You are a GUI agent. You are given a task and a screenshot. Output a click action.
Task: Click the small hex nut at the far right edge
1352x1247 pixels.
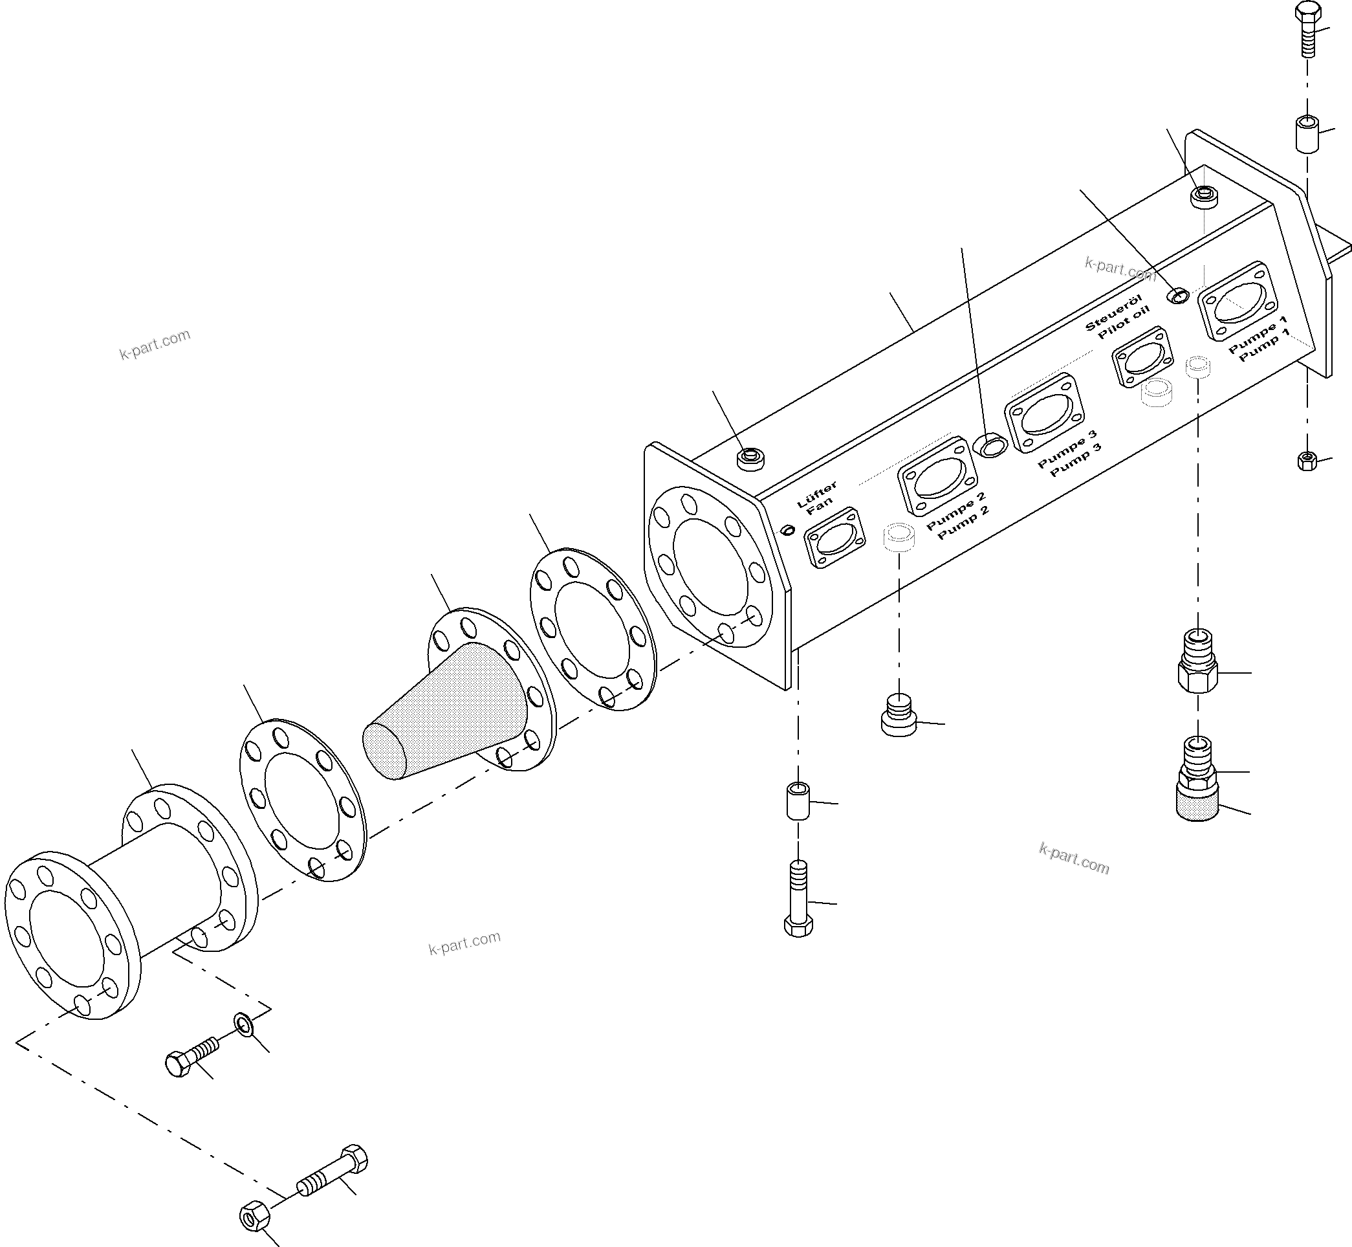(x=1307, y=461)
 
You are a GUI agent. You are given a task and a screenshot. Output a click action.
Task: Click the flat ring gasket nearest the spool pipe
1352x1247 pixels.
(x=303, y=800)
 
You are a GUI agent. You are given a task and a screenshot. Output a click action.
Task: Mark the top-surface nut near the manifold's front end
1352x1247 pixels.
(x=750, y=459)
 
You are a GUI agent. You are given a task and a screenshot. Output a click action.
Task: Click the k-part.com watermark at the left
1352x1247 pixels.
(x=155, y=344)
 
